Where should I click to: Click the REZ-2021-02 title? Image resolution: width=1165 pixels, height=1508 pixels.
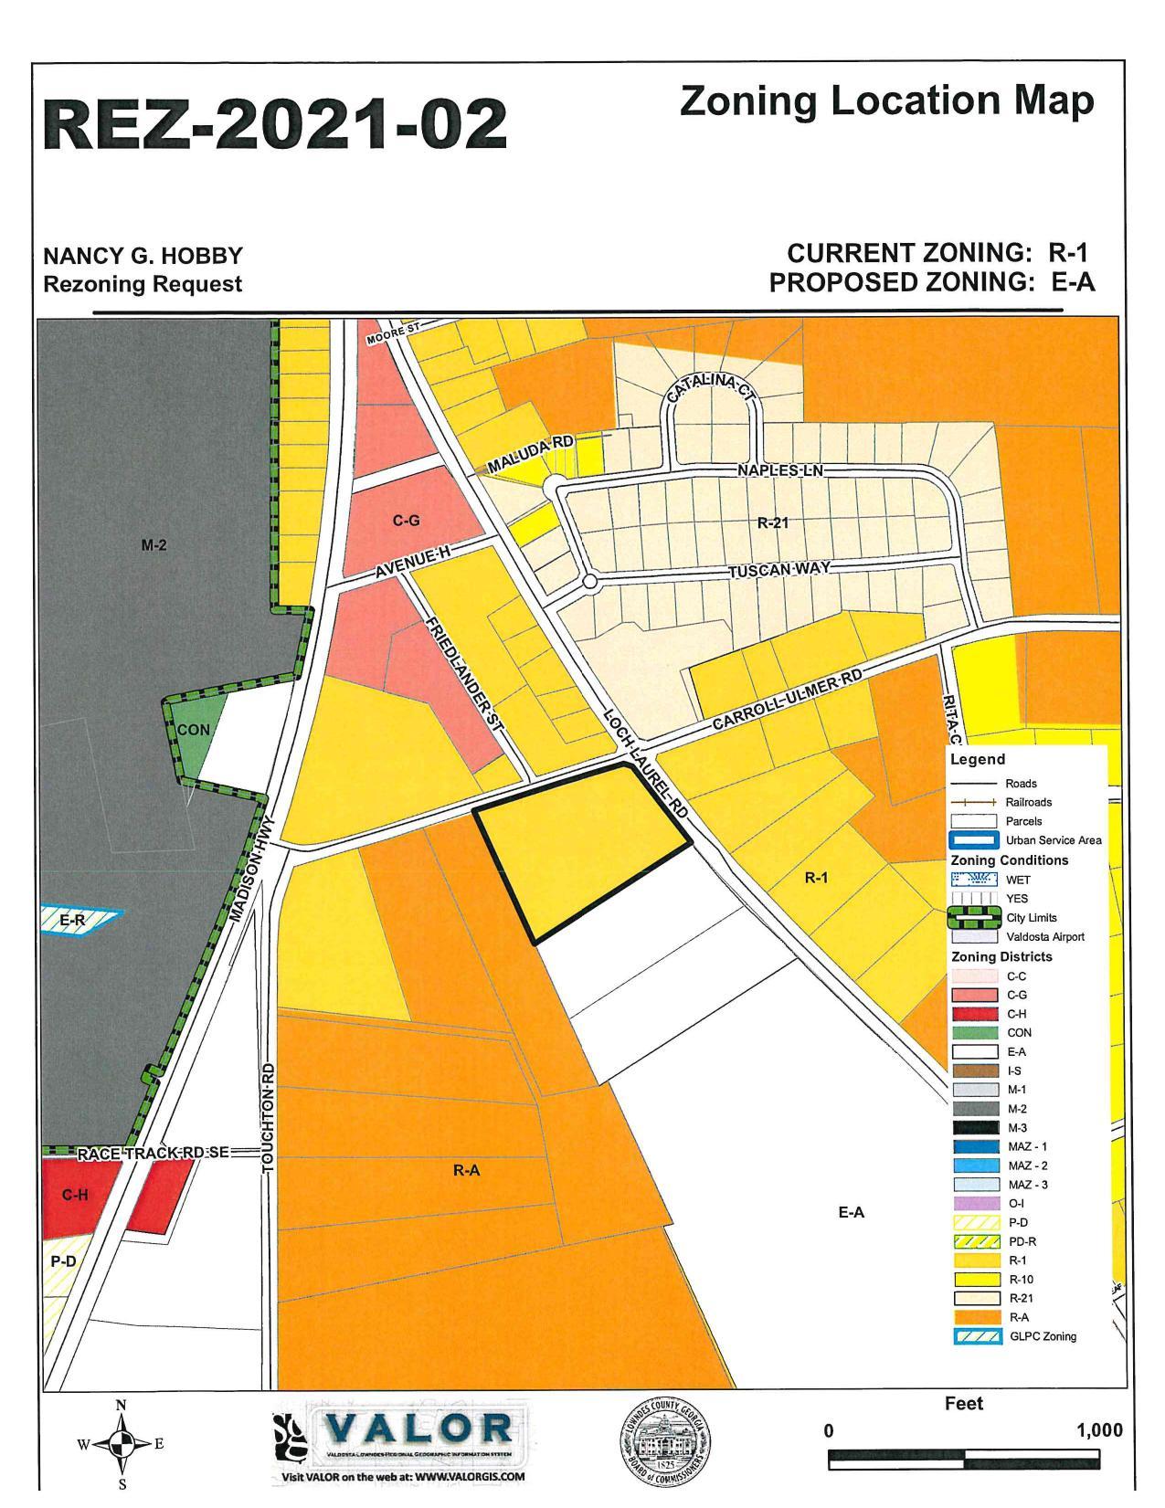pyautogui.click(x=275, y=124)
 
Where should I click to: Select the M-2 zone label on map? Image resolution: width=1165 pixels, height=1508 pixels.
pyautogui.click(x=154, y=545)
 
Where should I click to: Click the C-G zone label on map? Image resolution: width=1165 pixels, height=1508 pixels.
pyautogui.click(x=406, y=521)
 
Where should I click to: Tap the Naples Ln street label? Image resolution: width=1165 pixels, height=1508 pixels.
pyautogui.click(x=780, y=470)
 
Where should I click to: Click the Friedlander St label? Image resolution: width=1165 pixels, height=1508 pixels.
pyautogui.click(x=465, y=673)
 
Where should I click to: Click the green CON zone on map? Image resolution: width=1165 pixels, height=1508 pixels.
pyautogui.click(x=194, y=731)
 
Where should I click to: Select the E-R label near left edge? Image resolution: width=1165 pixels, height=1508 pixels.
pyautogui.click(x=72, y=921)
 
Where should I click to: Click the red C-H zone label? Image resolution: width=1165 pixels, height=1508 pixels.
pyautogui.click(x=75, y=1195)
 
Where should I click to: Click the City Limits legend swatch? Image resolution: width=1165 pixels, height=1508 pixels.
pyautogui.click(x=974, y=918)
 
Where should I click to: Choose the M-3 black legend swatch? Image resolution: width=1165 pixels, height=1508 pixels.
pyautogui.click(x=974, y=1128)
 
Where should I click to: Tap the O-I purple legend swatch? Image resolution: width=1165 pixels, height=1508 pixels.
pyautogui.click(x=974, y=1204)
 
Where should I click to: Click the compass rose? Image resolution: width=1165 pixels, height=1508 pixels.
pyautogui.click(x=121, y=1445)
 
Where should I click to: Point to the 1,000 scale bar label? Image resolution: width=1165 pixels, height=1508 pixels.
pyautogui.click(x=1099, y=1430)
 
